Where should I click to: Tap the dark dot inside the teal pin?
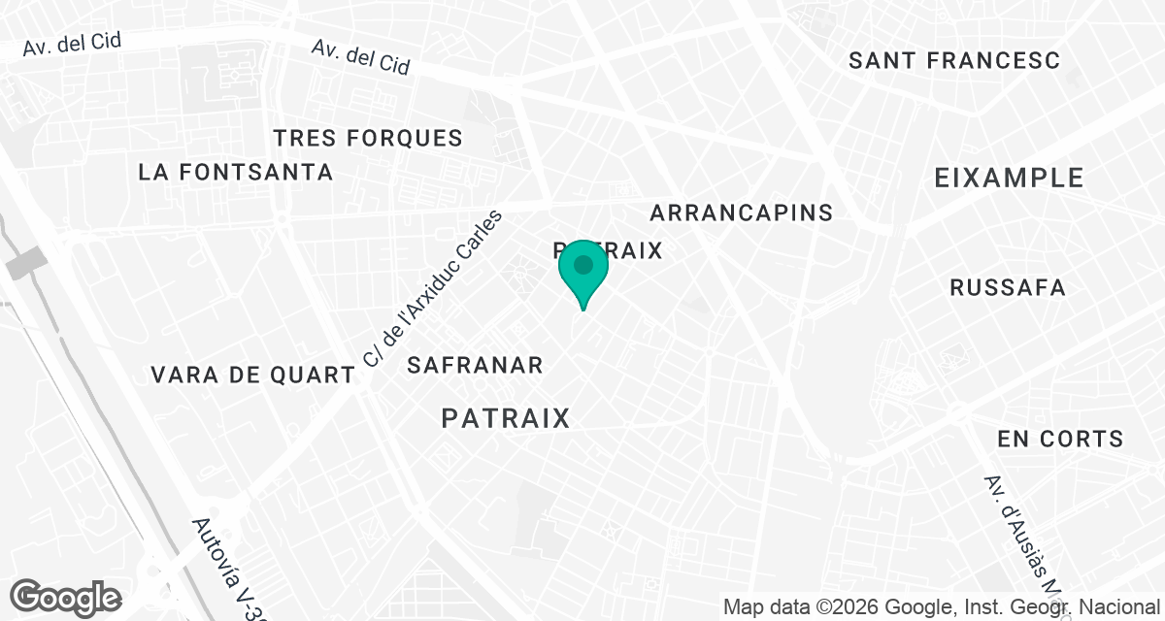[x=583, y=264]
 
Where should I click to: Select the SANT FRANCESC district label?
[x=954, y=60]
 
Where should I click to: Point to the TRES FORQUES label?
[x=368, y=138]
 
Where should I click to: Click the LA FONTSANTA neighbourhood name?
[x=236, y=173]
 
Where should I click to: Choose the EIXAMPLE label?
[x=1009, y=178]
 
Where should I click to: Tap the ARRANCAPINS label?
[x=742, y=212]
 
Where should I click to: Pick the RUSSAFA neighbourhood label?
[x=1008, y=287]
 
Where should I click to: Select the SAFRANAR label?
[x=475, y=366]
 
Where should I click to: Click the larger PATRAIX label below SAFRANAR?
[x=505, y=418]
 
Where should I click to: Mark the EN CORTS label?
[x=1060, y=439]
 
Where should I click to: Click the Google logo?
[x=65, y=597]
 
